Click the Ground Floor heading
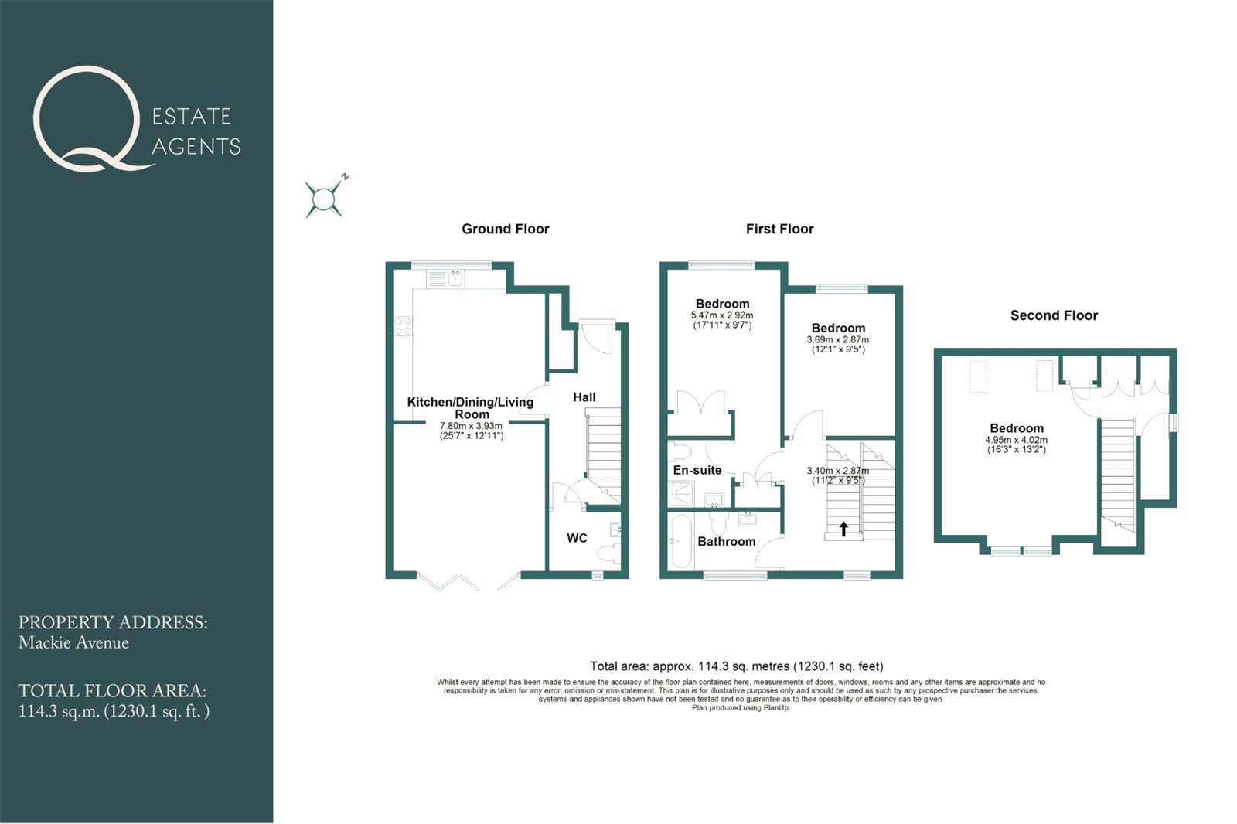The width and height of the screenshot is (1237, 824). (x=506, y=230)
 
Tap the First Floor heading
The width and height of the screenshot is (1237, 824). (x=780, y=230)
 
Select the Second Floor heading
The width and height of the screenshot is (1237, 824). (x=1055, y=315)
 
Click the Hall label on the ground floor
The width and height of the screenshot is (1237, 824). (x=584, y=397)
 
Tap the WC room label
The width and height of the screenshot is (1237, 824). (x=577, y=538)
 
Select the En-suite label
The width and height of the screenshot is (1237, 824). (x=697, y=470)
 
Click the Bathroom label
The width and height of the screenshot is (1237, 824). (x=726, y=542)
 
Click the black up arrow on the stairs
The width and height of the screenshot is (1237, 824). (x=843, y=529)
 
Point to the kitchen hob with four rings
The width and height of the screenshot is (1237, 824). (x=403, y=326)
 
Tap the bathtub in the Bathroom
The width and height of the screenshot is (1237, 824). (x=681, y=542)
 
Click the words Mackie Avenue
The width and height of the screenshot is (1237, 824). (x=73, y=643)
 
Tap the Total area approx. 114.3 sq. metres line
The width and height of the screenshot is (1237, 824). (x=736, y=666)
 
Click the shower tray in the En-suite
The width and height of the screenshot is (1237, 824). (x=681, y=494)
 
